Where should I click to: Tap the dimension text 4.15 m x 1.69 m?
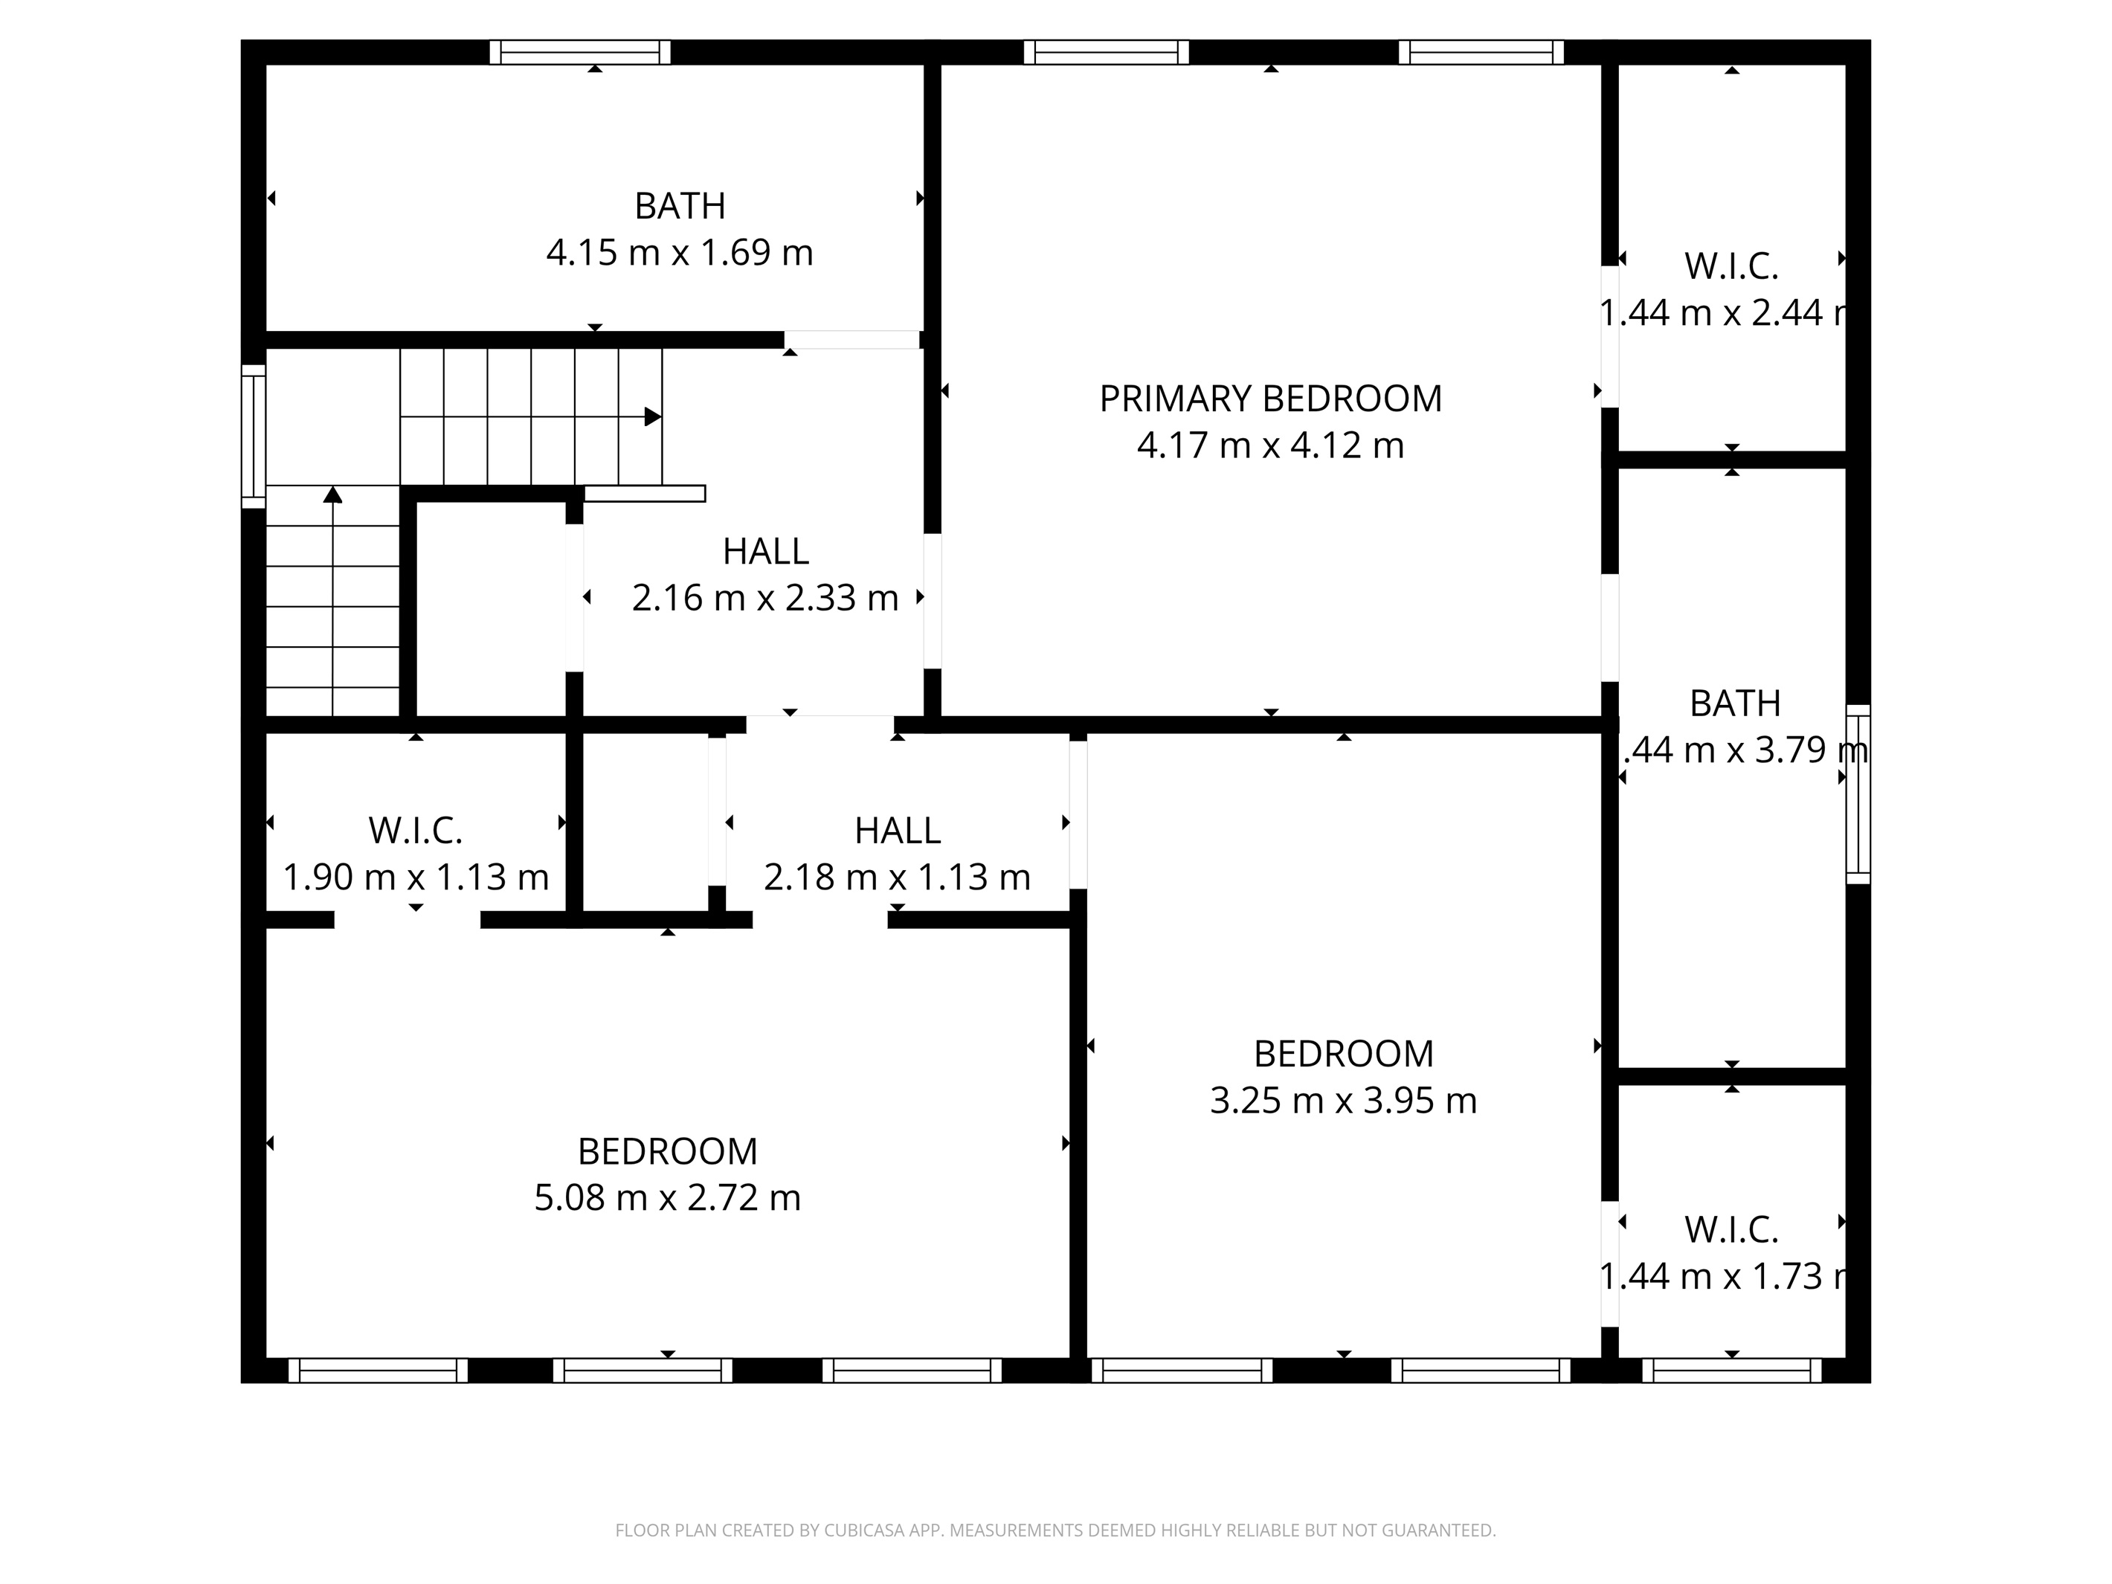coord(679,253)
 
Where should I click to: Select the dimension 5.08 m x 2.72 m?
coord(666,1197)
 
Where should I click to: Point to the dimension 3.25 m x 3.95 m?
coord(1342,1101)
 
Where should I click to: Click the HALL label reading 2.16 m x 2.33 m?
coord(766,551)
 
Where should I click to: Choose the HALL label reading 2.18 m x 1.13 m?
coord(897,831)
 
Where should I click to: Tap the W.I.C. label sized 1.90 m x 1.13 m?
coord(415,831)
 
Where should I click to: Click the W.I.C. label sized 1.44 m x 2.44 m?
coord(1731,266)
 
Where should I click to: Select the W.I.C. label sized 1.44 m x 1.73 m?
coord(1731,1230)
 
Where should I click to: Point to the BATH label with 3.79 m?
coord(1735,704)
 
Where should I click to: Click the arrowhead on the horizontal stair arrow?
coord(653,417)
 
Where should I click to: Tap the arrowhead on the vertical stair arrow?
coord(332,494)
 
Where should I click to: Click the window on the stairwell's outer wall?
coord(253,437)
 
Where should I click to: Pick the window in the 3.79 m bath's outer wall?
coord(1857,794)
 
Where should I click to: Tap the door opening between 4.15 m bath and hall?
coord(851,340)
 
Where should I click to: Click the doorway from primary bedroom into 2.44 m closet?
coord(1610,336)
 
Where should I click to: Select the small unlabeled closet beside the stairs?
coord(492,608)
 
